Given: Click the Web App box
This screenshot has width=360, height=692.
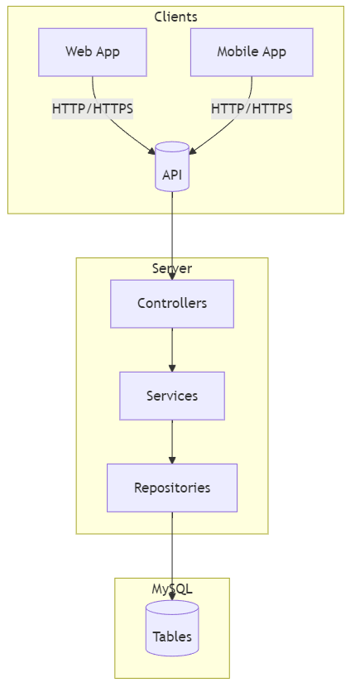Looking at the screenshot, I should point(93,52).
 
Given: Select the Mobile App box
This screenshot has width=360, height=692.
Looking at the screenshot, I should point(252,52).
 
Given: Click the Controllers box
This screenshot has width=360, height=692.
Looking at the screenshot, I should point(172,304).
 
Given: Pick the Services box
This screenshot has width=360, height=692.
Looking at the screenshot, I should point(172,396).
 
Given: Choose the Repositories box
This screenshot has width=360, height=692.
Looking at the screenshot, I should point(172,488).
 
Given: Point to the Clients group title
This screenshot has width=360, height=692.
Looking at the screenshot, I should point(175,17).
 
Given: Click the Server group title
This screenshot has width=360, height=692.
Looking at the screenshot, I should point(172,268).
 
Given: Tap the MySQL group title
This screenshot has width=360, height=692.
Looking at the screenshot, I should point(172,589).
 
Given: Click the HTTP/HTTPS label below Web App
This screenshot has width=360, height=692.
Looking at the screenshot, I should point(93,108).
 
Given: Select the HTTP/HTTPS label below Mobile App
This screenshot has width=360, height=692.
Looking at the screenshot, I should point(252,108).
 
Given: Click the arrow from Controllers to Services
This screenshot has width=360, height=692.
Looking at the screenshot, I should point(172,349).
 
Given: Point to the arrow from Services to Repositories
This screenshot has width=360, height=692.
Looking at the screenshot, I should point(172,441).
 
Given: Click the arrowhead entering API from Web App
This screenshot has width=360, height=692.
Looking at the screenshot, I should point(151,151).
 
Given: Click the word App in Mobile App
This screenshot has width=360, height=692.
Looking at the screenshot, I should point(273,52).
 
